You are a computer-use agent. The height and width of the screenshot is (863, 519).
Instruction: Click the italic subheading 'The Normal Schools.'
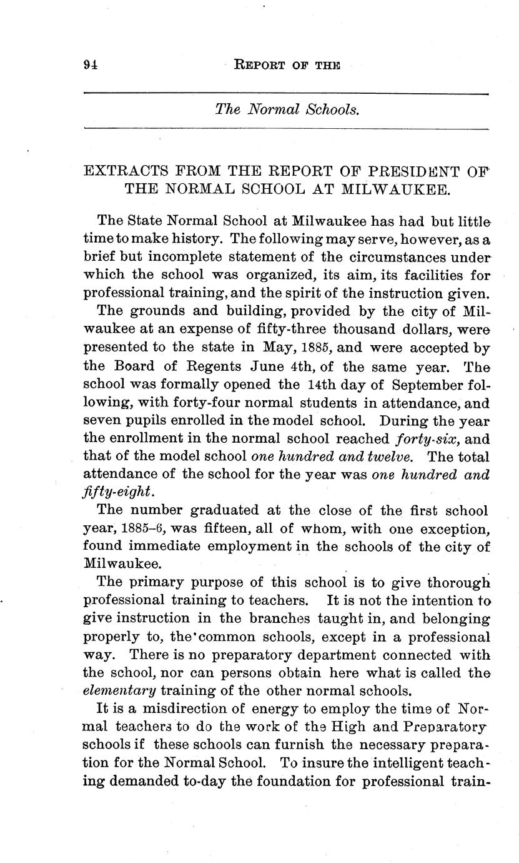click(287, 110)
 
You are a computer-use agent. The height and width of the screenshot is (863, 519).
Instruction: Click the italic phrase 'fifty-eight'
click(111, 493)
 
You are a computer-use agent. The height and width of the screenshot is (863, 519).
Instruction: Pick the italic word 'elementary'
click(119, 691)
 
